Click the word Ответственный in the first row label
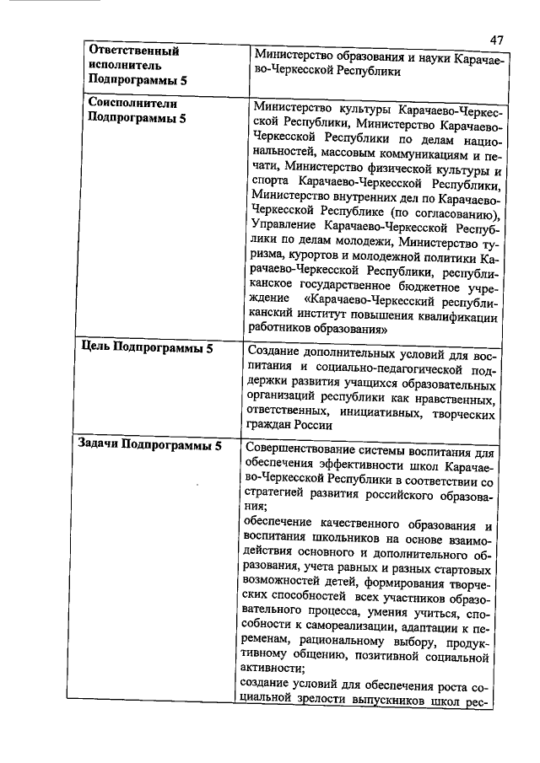131,51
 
